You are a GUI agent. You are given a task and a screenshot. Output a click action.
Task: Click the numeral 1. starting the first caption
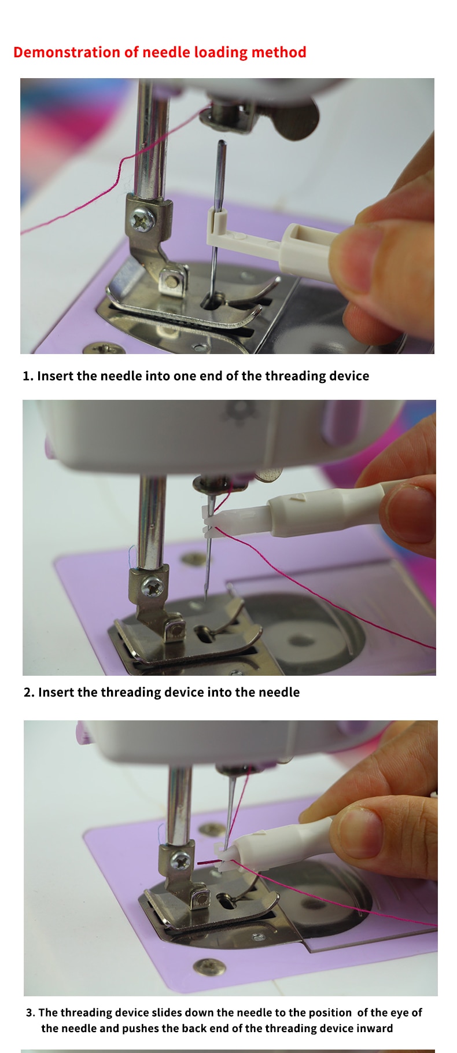(28, 376)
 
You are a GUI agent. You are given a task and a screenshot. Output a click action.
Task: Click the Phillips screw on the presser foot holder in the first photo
(142, 219)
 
